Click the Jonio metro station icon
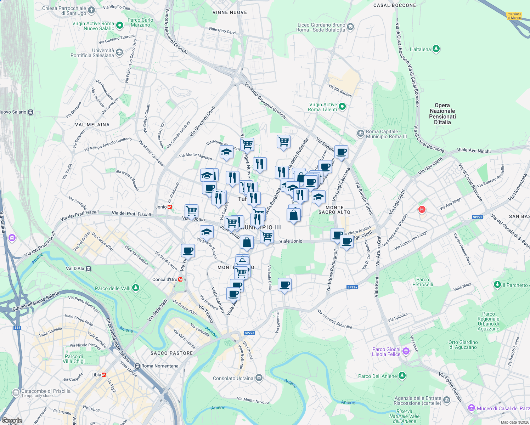pos(170,207)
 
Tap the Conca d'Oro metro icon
pos(181,279)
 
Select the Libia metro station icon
pos(104,375)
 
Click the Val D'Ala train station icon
pos(89,268)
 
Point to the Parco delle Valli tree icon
pos(136,288)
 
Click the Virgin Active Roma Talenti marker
pos(342,106)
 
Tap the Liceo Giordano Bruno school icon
pos(350,27)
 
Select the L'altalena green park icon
pos(436,49)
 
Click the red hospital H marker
pos(422,209)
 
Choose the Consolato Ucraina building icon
pos(259,378)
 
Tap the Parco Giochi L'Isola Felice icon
pos(406,351)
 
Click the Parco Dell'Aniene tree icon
pos(402,376)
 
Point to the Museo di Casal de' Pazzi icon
pos(471,408)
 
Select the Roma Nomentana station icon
pos(137,366)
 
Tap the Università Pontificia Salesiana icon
pos(119,53)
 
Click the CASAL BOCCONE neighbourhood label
pos(394,5)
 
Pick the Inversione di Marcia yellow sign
pos(514,16)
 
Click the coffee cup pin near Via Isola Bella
pos(284,284)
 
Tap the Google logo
pos(12,421)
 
